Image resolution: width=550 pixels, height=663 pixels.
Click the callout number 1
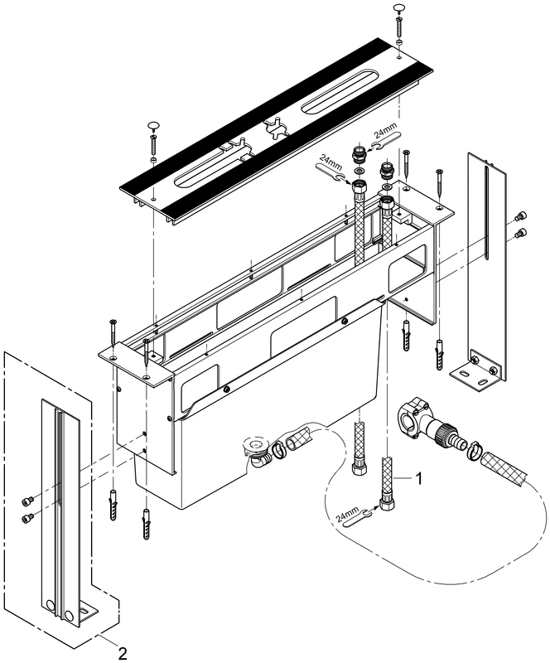pos(421,478)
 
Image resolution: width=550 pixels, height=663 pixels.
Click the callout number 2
pos(122,653)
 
